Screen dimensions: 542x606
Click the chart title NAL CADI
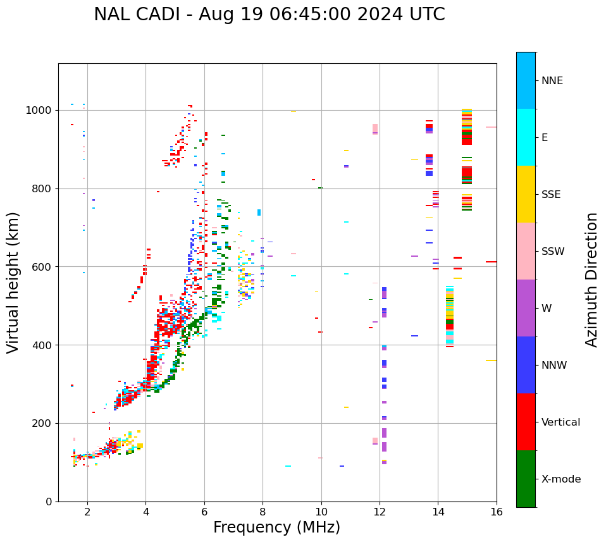269,15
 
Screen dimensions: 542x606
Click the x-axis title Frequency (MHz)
276,527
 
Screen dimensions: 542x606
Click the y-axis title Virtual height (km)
13,283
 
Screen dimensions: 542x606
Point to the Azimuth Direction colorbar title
591,280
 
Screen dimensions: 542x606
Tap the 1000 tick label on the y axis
39,111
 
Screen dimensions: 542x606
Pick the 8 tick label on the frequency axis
263,512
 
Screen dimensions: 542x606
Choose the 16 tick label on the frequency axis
497,512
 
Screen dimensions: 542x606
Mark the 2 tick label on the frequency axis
87,512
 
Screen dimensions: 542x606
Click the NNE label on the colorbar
552,81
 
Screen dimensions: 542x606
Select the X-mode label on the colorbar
561,479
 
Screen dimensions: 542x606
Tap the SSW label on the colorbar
553,252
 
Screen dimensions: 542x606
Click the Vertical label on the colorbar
560,422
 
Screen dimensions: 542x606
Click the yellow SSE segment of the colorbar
526,194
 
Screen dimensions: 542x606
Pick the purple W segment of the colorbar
526,308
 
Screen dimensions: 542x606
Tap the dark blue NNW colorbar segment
526,365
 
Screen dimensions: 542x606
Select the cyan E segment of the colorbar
526,137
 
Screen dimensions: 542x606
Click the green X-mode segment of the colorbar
526,479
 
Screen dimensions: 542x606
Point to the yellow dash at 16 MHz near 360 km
491,360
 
